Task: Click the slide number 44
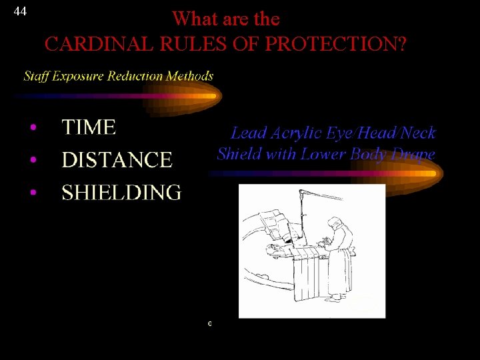20,11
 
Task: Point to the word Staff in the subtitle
36,76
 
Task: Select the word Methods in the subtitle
190,76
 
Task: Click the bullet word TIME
89,127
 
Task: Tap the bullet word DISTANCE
117,160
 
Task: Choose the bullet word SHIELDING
121,193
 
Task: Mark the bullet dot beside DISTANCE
32,161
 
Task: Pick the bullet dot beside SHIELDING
32,193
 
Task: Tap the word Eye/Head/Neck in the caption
381,133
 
